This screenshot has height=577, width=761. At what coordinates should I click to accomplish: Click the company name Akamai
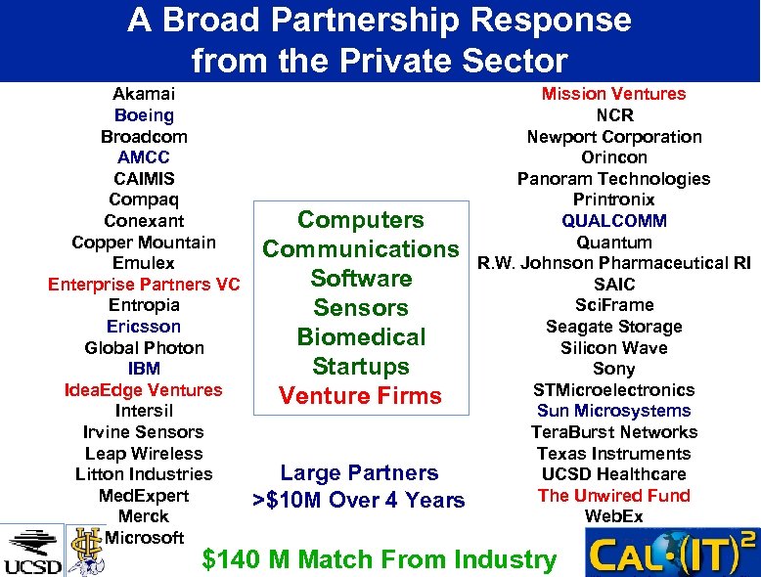point(144,94)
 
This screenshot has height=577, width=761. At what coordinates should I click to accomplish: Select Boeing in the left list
point(144,115)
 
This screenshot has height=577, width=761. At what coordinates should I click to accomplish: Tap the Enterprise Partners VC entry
point(144,285)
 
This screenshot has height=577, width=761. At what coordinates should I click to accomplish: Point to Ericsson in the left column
point(144,327)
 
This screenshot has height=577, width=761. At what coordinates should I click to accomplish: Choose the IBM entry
point(144,369)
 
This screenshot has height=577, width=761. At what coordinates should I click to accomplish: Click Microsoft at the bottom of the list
point(144,537)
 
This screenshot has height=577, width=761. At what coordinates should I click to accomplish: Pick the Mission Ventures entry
point(614,94)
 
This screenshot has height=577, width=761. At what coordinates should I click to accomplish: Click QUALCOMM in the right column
point(614,221)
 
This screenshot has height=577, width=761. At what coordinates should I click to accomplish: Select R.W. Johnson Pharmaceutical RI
point(614,263)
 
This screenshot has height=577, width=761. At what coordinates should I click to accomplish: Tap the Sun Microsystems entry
point(614,411)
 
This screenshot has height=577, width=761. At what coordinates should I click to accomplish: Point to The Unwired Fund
point(614,495)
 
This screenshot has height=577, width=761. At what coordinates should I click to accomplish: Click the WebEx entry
point(614,515)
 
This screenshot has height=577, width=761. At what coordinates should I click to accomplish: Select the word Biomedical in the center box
point(361,337)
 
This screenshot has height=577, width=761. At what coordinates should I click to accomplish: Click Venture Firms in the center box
point(361,396)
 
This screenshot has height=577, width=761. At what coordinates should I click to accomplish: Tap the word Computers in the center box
point(361,220)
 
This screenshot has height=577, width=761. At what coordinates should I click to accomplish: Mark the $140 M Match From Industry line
point(379,559)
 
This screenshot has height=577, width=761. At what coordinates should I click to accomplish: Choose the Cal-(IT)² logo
point(670,553)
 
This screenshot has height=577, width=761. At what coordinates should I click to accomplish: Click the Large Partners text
point(359,473)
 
